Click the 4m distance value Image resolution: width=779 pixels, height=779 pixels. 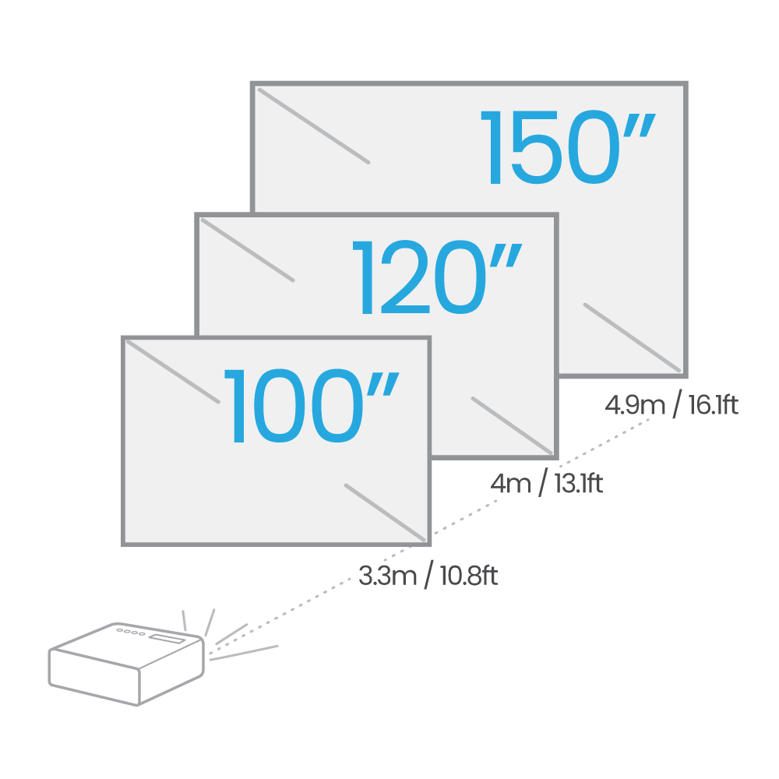(509, 484)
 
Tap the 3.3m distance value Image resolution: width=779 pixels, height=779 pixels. (387, 577)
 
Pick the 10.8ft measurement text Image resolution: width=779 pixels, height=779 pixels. (467, 577)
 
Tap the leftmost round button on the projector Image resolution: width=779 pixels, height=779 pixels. (119, 630)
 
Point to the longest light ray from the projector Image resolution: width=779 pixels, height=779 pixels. (243, 653)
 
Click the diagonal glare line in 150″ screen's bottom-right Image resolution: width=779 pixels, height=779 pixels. (632, 336)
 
